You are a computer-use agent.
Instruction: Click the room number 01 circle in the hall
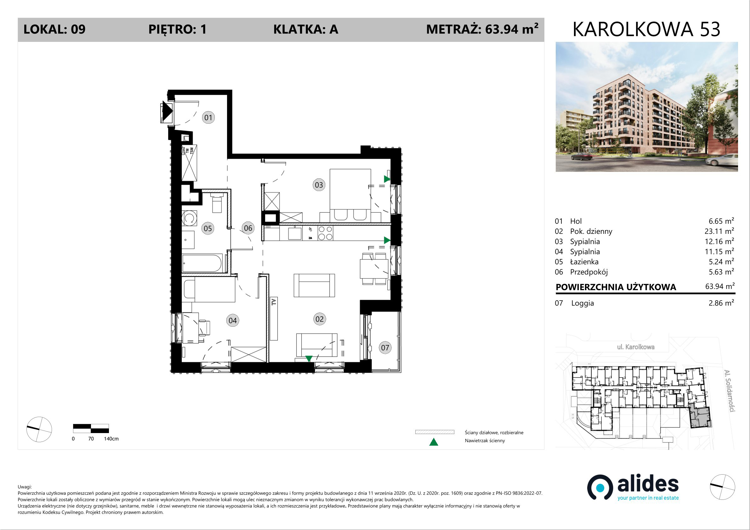tap(208, 117)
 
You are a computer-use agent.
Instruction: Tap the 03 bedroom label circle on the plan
tap(319, 185)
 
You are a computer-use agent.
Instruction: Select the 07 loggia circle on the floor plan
tap(385, 347)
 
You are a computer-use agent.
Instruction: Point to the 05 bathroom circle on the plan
tap(208, 228)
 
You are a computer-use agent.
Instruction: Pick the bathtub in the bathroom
tap(202, 263)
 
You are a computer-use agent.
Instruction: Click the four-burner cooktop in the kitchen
tap(325, 233)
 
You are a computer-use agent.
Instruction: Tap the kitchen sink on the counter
tap(295, 233)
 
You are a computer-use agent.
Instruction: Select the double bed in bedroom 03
tap(350, 195)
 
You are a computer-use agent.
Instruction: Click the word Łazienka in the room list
tap(584, 262)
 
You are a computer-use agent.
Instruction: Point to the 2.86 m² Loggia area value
tap(721, 303)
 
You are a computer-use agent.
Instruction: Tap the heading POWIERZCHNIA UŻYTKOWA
tap(616, 287)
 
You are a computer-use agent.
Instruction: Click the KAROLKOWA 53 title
tap(646, 29)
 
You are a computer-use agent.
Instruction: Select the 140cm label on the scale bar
tap(111, 438)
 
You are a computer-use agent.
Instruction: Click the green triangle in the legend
tap(434, 442)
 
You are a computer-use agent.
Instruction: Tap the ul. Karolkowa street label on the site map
tap(636, 347)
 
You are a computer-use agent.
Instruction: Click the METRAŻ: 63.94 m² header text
tap(482, 29)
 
